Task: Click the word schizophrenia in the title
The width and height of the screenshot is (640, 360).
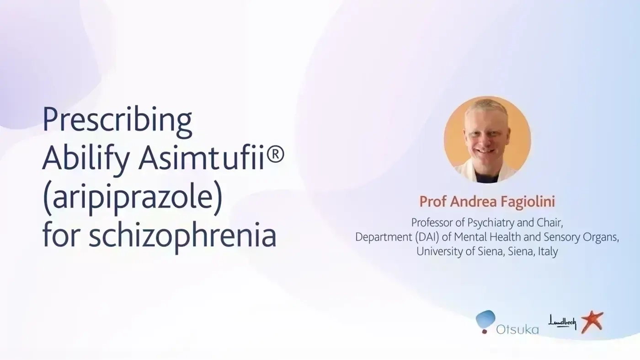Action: [182, 236]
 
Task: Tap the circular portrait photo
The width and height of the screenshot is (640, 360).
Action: [487, 139]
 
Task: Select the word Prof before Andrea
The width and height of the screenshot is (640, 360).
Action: [432, 201]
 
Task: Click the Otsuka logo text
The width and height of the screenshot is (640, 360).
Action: [517, 330]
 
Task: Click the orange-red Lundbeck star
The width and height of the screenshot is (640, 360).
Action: [592, 322]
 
